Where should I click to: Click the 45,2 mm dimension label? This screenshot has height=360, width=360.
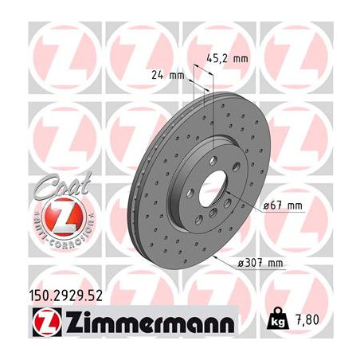coord(227,59)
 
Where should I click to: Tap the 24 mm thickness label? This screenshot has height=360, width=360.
coord(168,76)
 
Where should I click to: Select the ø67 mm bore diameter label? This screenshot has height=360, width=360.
coord(283,205)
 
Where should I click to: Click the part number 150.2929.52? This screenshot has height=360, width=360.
coord(65,295)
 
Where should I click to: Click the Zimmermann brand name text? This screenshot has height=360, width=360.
coord(150,321)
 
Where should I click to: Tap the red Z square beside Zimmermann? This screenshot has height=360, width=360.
coord(47,322)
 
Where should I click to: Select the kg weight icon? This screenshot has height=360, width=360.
coord(278,319)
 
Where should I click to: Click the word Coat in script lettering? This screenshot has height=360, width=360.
coord(63,184)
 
